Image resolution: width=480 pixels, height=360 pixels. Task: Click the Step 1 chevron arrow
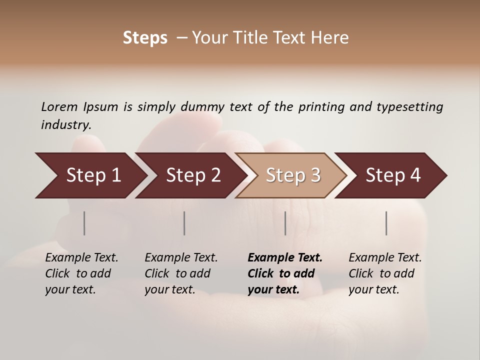[x=93, y=175]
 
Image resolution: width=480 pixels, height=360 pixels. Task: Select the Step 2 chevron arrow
[x=193, y=175]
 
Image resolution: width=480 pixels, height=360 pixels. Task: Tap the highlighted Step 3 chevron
[x=292, y=175]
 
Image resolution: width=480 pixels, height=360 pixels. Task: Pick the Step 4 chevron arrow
[x=392, y=175]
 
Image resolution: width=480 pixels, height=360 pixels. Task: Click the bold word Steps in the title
[x=145, y=38]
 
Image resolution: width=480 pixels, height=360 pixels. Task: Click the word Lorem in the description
[x=59, y=106]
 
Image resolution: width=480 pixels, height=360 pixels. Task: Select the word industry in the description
[x=65, y=125]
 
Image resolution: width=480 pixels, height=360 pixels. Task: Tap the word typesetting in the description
[x=409, y=107]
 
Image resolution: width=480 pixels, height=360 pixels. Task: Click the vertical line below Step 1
[x=84, y=223]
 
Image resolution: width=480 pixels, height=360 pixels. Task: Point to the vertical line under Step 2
[x=184, y=223]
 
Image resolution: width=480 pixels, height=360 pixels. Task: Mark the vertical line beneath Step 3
[x=285, y=223]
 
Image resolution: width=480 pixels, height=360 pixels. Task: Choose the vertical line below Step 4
[x=386, y=223]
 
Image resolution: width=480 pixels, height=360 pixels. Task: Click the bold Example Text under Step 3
[x=285, y=258]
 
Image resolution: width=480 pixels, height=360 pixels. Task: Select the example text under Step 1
[x=81, y=273]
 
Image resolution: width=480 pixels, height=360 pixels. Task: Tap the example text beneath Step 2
[x=181, y=273]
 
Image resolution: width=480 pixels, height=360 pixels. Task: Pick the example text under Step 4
[x=385, y=273]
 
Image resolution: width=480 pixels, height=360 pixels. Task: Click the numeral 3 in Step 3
[x=315, y=175]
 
